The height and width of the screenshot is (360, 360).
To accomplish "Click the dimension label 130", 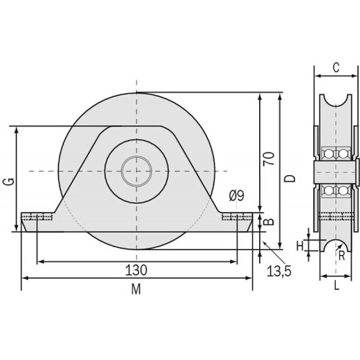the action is tap(136, 270).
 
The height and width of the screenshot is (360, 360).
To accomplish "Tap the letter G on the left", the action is tap(9, 182).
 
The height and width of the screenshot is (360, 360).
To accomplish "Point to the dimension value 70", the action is tap(269, 158).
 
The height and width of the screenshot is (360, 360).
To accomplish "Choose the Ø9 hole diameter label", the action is tap(237, 196).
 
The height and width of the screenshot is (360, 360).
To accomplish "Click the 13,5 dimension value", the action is tap(279, 271).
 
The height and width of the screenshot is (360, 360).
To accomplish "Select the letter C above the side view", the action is tap(336, 67).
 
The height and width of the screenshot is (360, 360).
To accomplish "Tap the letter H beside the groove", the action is tap(300, 247).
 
